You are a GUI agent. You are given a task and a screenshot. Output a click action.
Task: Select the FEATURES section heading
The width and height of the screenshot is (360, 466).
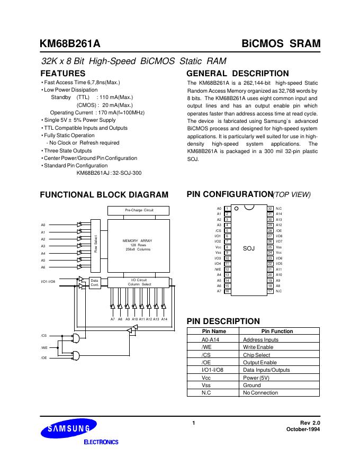[62, 73]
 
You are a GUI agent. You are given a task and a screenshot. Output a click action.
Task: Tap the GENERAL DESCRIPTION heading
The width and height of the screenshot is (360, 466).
[238, 73]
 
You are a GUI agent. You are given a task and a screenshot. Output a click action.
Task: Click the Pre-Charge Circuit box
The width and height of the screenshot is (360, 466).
[139, 210]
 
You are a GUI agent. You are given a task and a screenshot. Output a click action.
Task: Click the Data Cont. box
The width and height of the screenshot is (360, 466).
[95, 283]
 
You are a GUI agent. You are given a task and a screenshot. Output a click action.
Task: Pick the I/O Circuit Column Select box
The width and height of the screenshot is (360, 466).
[139, 282]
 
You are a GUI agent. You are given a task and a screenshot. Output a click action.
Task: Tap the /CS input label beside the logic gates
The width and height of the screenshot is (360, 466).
[43, 336]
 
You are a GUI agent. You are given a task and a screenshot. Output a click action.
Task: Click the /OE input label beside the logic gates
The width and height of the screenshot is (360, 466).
[43, 358]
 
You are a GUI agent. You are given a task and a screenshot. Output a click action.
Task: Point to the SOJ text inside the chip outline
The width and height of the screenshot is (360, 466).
[248, 248]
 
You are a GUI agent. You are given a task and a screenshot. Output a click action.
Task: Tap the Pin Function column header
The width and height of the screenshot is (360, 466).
[277, 331]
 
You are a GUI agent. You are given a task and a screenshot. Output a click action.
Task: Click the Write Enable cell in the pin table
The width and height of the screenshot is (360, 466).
[258, 347]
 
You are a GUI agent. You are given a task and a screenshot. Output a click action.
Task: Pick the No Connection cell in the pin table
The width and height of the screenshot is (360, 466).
[260, 392]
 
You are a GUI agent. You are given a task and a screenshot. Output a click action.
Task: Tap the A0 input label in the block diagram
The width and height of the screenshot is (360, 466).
[43, 225]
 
